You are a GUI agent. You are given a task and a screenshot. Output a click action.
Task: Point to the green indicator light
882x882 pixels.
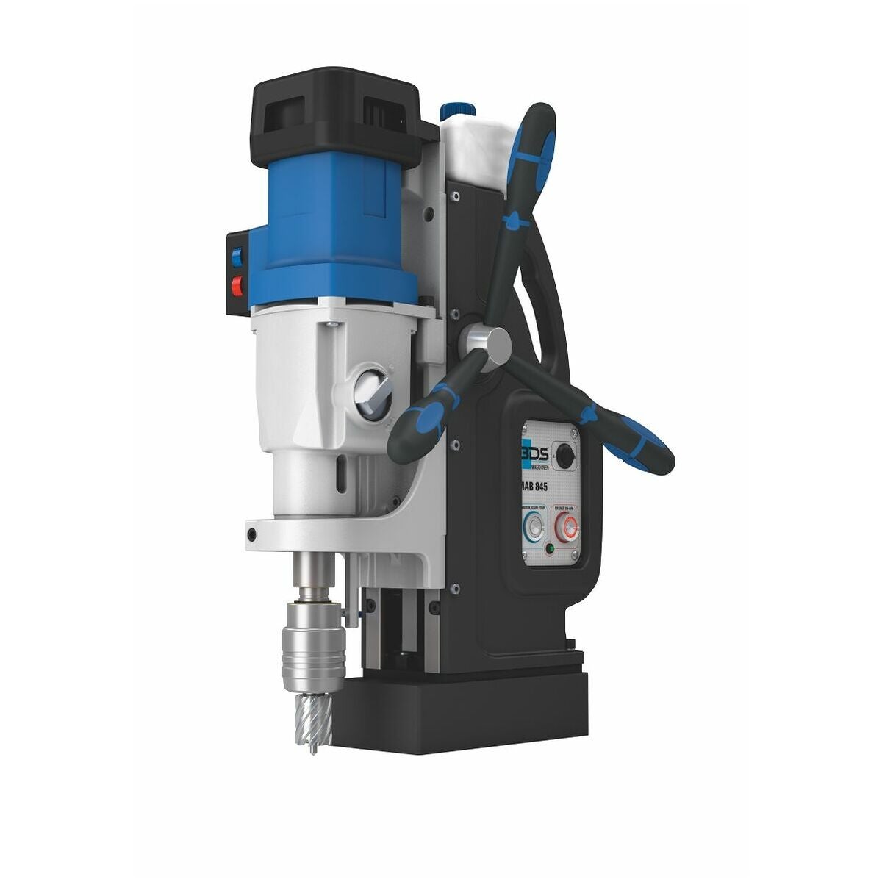(x=549, y=548)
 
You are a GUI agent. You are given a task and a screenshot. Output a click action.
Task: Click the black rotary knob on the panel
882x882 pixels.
(x=564, y=456)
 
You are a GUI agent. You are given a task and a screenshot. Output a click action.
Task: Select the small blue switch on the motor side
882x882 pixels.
(x=237, y=257)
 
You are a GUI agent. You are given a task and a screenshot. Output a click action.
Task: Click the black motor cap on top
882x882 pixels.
(x=334, y=107)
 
